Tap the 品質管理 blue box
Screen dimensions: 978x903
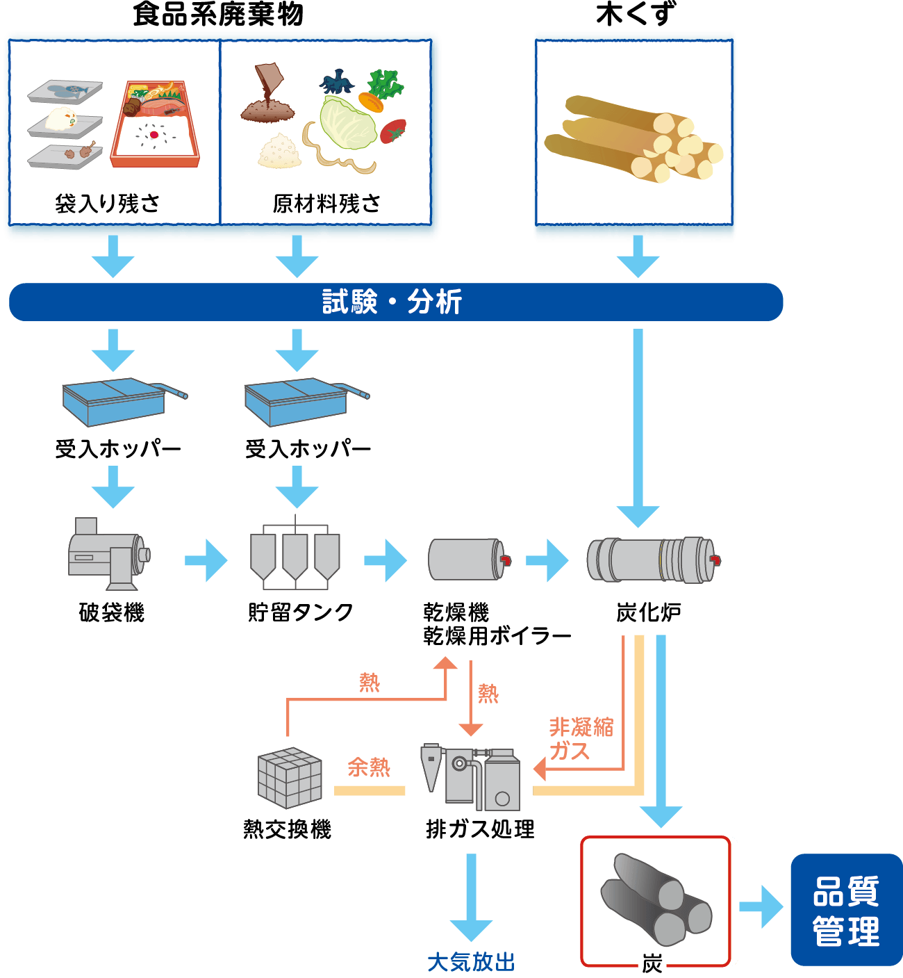(x=846, y=910)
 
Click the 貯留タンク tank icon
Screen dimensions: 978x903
(x=295, y=555)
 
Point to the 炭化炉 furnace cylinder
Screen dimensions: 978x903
(x=652, y=560)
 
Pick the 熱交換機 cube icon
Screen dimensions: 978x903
(x=290, y=779)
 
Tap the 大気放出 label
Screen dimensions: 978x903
(x=471, y=963)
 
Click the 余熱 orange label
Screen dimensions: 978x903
(x=369, y=767)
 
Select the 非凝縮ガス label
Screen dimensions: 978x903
(x=580, y=739)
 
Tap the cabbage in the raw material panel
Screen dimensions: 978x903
(x=347, y=124)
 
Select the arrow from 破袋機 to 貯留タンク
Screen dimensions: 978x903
(x=206, y=560)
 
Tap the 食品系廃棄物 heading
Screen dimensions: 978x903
(x=218, y=14)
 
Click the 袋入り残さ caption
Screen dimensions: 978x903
(x=108, y=204)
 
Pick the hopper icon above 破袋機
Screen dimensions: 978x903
(x=115, y=402)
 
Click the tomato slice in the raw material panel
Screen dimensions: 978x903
(x=393, y=131)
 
